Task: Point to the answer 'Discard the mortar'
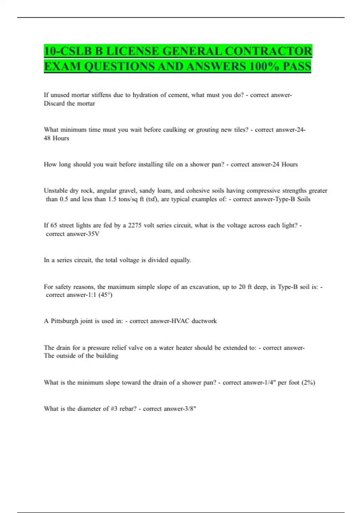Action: [69, 104]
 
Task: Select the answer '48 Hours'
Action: [56, 138]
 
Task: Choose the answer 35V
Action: [93, 234]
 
